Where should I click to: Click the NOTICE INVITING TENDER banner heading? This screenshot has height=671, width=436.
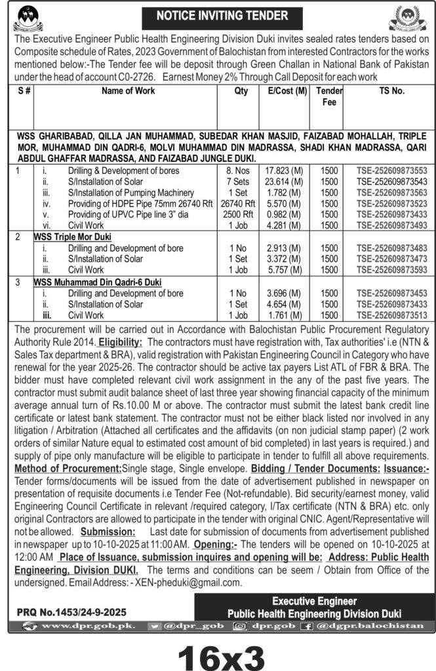(217, 14)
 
